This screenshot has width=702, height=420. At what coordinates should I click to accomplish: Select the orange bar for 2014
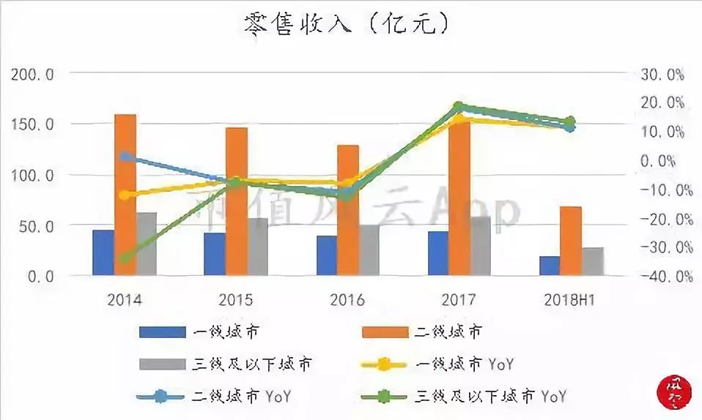(x=125, y=195)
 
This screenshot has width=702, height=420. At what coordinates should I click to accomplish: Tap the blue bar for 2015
(x=215, y=254)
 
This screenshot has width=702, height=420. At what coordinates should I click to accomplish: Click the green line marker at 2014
(x=125, y=258)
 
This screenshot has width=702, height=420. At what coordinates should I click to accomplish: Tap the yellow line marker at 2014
(x=125, y=195)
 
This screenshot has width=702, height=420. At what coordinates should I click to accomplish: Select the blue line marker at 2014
(x=125, y=157)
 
